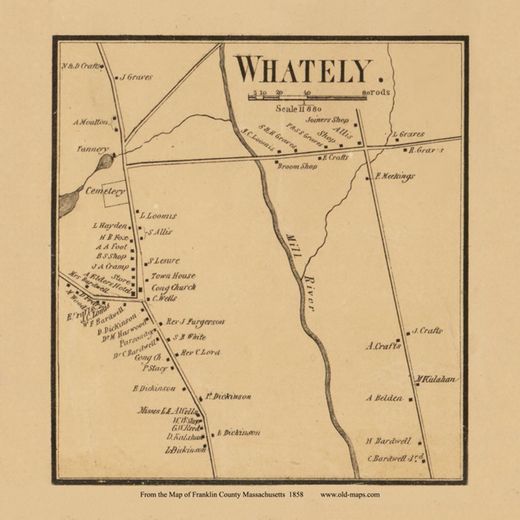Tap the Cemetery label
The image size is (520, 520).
coord(105,191)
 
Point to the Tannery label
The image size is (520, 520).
coord(93,149)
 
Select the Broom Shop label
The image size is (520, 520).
coord(297,166)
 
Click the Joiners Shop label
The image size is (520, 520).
coord(327,120)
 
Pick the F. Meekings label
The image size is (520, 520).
coord(394,177)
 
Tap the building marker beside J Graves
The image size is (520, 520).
coord(116,78)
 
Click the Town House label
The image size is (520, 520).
coord(173,276)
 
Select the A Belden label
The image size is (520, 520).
coord(384,398)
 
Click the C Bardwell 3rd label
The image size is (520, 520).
coord(395,458)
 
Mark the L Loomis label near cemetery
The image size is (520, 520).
coord(158,216)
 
